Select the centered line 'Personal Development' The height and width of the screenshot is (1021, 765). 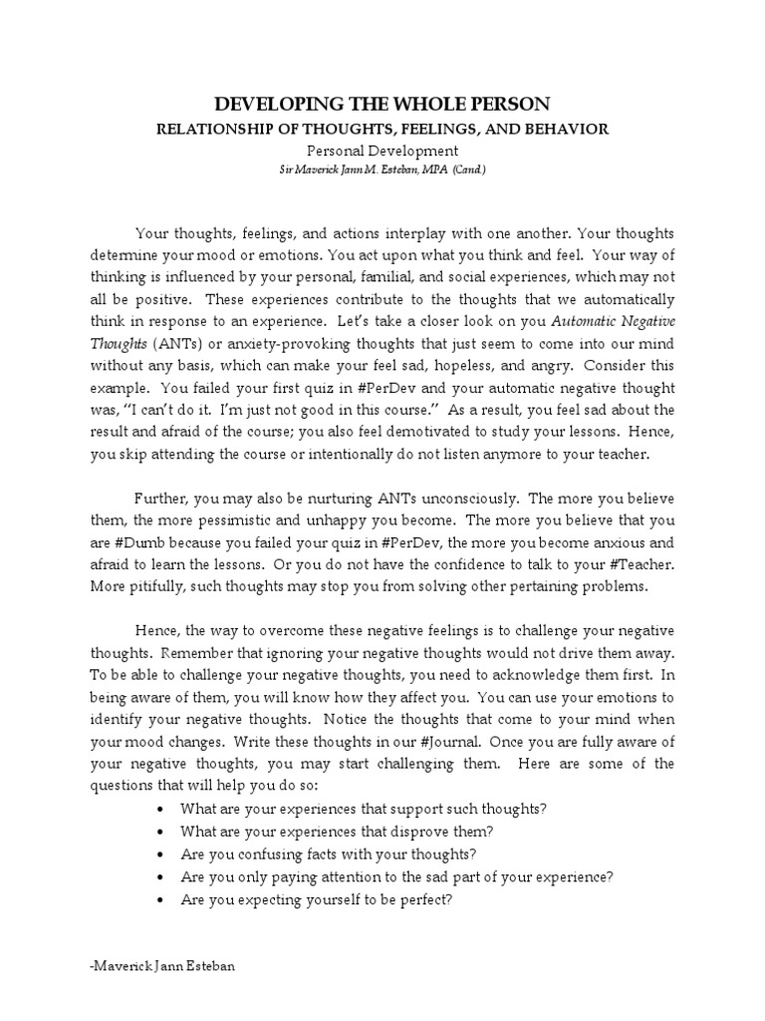click(382, 150)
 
